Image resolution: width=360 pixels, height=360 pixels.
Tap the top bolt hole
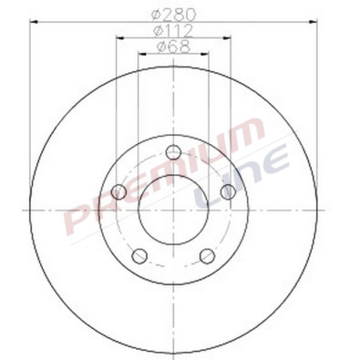click(174, 153)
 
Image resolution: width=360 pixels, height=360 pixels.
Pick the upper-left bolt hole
click(118, 191)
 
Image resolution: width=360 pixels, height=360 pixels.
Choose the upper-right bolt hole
click(227, 191)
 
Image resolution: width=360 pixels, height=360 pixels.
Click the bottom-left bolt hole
click(139, 255)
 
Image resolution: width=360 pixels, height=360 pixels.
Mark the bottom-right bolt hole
click(207, 255)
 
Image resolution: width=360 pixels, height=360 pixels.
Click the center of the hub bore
click(173, 211)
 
